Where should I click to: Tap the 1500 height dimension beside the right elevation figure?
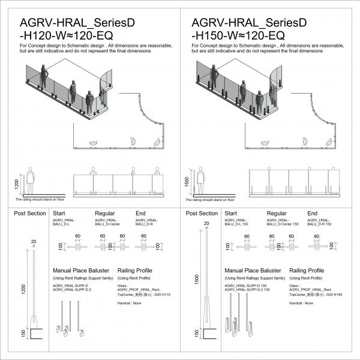point(188,181)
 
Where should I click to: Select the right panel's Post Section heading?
point(202,214)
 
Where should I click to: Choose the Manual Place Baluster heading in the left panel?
point(80,271)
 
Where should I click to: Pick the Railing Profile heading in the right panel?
point(307,271)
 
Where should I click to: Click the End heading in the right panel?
point(313,213)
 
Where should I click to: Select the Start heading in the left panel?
point(59,213)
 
